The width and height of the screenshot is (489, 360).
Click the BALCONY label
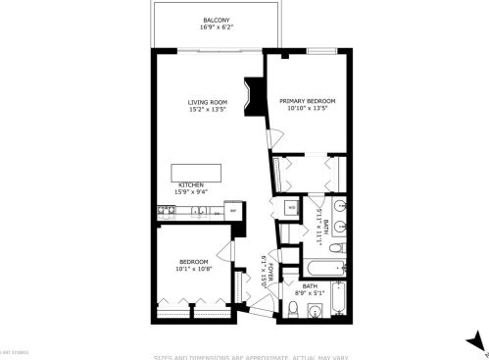[216, 20]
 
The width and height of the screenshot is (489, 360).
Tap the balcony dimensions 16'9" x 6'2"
[216, 28]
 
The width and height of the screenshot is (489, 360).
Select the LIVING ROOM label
[208, 101]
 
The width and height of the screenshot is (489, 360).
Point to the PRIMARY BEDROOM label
[307, 101]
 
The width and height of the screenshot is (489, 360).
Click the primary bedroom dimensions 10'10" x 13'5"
[307, 109]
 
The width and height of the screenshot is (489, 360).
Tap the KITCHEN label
[190, 184]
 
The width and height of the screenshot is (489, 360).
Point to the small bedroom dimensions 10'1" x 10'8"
[192, 269]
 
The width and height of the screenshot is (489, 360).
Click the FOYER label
[264, 266]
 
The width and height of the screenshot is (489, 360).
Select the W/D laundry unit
[291, 208]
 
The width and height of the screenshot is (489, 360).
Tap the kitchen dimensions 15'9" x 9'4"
[190, 192]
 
